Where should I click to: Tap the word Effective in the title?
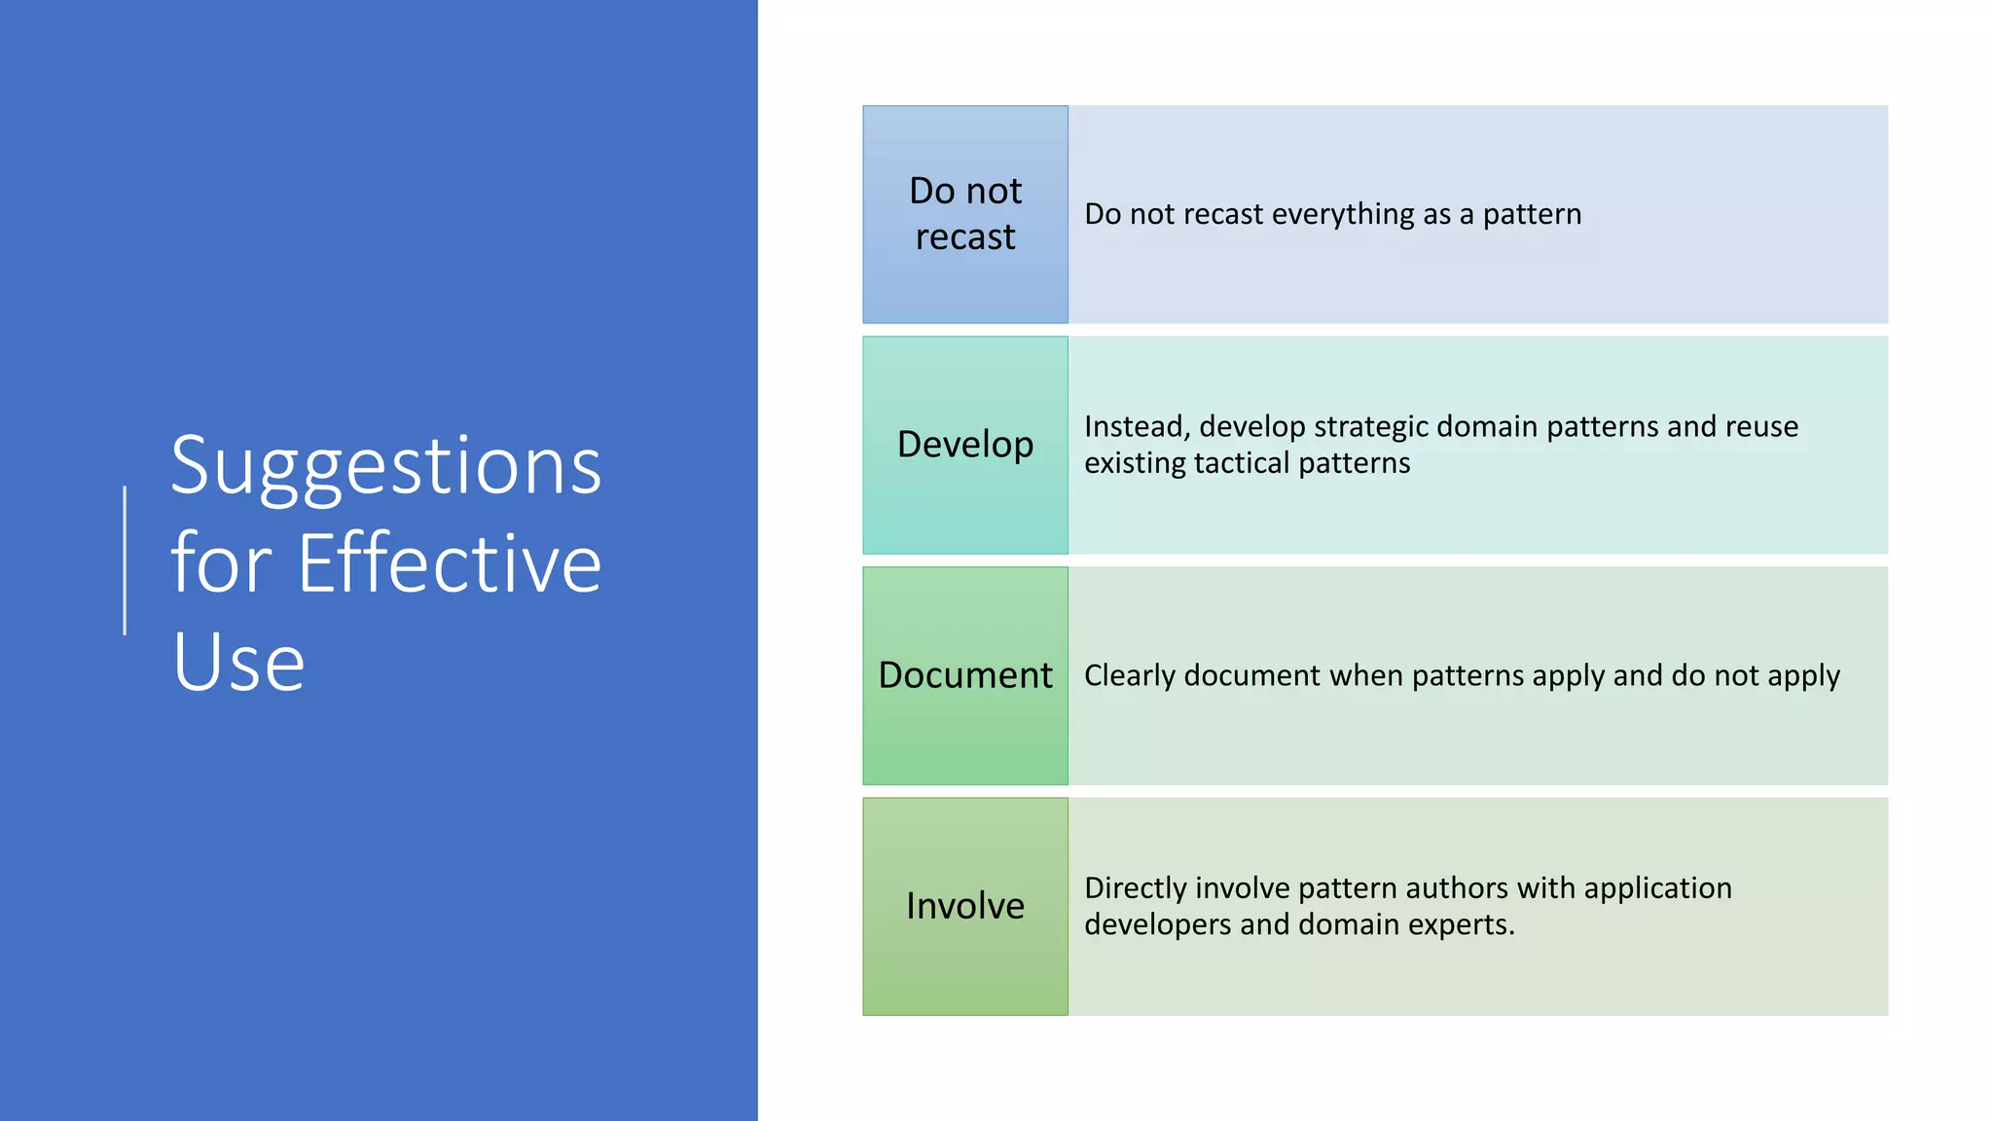[450, 564]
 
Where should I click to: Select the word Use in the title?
[238, 663]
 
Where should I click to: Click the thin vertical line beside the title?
[125, 560]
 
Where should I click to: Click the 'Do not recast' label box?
[964, 214]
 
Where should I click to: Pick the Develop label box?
[964, 445]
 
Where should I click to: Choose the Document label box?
[964, 675]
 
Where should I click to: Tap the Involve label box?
[964, 906]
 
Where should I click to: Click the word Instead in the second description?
[1135, 426]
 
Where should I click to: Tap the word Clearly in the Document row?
[1129, 675]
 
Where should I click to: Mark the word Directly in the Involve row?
[1135, 888]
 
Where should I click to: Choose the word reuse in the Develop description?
[1761, 426]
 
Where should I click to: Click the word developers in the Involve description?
[1157, 924]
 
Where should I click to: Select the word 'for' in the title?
[220, 564]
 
